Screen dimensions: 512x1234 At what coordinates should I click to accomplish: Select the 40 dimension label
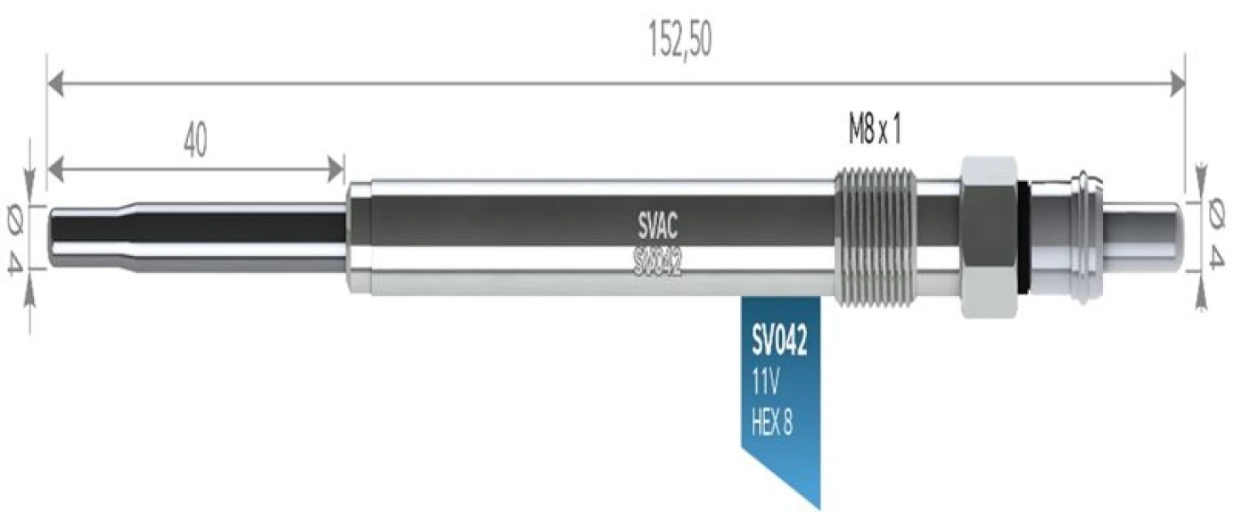(x=194, y=141)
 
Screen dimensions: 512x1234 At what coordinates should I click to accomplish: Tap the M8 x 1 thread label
(x=875, y=132)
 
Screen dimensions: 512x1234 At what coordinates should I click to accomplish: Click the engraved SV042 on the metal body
(x=658, y=261)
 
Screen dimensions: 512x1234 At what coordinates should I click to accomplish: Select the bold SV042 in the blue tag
(x=779, y=344)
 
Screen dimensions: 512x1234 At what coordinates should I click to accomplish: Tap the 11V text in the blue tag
(x=766, y=384)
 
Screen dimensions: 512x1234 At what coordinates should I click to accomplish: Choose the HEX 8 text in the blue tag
(x=773, y=424)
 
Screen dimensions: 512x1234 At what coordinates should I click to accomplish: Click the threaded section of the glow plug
(x=875, y=236)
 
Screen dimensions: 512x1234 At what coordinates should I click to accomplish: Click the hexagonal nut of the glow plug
(x=988, y=236)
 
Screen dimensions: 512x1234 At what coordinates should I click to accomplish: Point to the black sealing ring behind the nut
(x=1025, y=236)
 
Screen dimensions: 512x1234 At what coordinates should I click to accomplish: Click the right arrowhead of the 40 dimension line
(x=337, y=166)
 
